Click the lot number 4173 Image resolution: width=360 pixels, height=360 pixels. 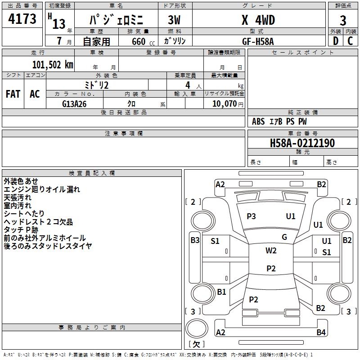pos(22,20)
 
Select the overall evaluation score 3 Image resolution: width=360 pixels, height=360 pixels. pos(343,21)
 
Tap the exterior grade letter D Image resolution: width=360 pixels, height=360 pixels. pos(335,40)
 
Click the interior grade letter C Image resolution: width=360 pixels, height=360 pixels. pos(351,40)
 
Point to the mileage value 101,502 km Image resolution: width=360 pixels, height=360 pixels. pos(52,64)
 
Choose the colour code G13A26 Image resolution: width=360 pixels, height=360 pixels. pos(74,104)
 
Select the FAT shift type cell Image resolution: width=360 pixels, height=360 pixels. pos(13,94)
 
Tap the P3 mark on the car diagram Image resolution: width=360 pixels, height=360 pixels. pos(251,216)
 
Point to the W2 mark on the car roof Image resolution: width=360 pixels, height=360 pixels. pos(271,251)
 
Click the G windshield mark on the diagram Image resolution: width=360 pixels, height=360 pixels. pos(284,237)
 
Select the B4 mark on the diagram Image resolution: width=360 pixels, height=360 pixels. pos(320,333)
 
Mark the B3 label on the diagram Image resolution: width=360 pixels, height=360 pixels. pos(194,240)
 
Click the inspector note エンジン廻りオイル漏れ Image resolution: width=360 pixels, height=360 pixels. pos(41,189)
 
